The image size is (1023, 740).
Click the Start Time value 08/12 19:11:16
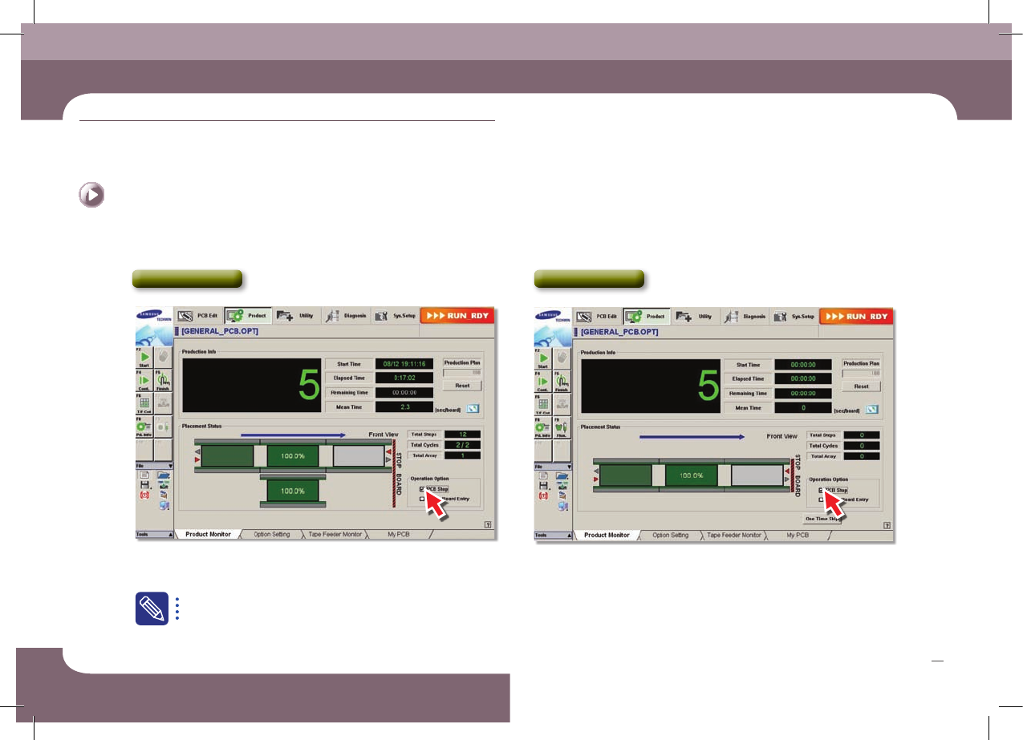(404, 364)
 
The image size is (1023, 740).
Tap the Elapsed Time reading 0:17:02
(404, 378)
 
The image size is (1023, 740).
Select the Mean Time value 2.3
(404, 407)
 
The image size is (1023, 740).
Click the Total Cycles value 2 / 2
(462, 445)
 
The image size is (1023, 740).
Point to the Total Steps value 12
(462, 434)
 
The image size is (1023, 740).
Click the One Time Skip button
(822, 519)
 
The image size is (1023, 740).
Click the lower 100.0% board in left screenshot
(293, 491)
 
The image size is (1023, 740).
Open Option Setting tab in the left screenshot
(272, 534)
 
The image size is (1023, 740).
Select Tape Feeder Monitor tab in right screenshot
(733, 535)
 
